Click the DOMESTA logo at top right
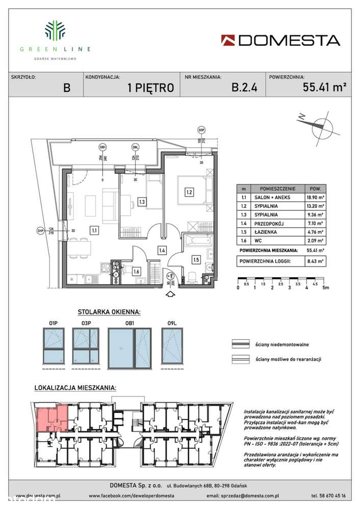coord(280,40)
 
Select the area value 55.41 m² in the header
coord(325,87)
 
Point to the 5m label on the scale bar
coord(326,287)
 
